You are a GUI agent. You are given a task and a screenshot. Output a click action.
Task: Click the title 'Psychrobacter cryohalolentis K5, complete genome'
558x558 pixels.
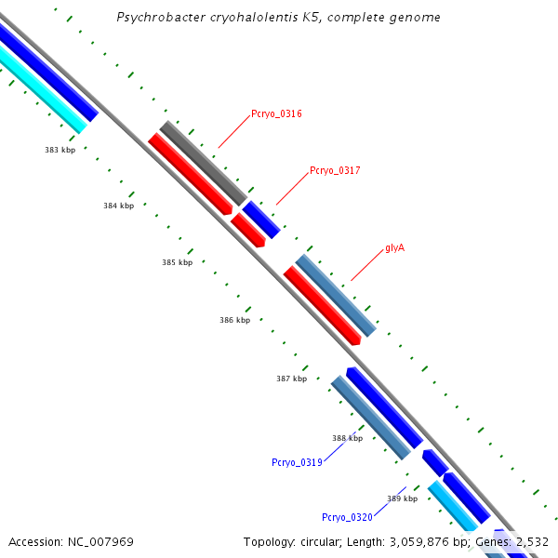click(279, 18)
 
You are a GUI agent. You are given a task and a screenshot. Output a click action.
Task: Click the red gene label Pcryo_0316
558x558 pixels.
click(276, 114)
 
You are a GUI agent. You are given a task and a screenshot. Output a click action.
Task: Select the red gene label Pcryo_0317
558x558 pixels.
click(335, 170)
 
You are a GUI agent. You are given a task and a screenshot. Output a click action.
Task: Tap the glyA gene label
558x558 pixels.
click(394, 248)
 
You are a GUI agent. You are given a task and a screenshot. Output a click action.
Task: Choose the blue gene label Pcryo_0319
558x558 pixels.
click(297, 462)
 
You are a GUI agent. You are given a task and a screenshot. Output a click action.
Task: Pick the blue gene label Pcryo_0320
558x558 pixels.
click(347, 517)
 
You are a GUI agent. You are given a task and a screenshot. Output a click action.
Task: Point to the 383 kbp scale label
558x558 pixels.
click(60, 150)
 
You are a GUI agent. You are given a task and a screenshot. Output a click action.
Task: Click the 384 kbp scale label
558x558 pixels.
click(119, 206)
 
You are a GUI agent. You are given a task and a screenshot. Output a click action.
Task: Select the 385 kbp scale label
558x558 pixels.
click(177, 262)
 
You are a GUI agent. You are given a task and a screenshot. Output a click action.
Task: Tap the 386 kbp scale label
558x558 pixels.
click(234, 320)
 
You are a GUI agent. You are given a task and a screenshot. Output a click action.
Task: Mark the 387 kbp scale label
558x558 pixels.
click(291, 379)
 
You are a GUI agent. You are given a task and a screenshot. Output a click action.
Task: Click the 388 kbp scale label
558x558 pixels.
click(347, 438)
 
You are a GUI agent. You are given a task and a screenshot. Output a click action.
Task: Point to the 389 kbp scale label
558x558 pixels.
click(402, 498)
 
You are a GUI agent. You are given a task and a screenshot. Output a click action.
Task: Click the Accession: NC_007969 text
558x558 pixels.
click(71, 541)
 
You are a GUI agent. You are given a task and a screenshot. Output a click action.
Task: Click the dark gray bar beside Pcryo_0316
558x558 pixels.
click(203, 163)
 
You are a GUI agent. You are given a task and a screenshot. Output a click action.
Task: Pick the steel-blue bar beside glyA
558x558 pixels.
click(336, 295)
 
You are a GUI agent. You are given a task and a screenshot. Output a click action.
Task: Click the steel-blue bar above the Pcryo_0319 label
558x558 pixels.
click(371, 418)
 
